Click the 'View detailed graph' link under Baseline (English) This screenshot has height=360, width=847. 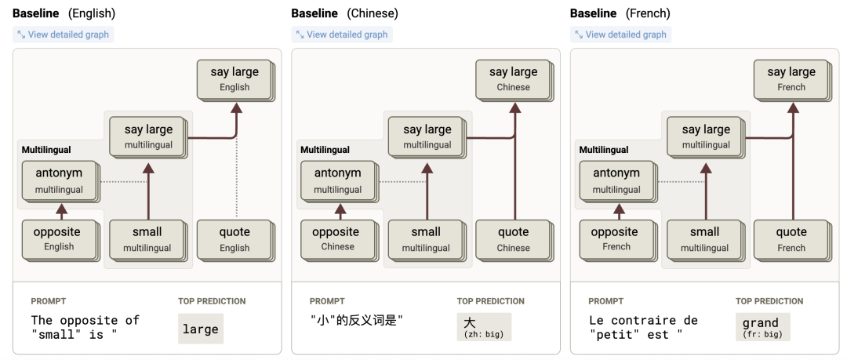(63, 35)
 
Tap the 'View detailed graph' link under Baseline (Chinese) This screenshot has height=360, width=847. (342, 35)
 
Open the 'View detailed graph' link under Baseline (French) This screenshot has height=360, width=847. (620, 35)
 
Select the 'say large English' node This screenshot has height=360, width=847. (234, 78)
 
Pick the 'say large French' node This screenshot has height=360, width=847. (791, 78)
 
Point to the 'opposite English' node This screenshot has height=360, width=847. (59, 238)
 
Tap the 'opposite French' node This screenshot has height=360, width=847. (616, 238)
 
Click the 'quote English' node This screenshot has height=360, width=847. (234, 238)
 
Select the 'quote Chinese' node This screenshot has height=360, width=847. (514, 238)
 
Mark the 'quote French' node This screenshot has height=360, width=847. (791, 238)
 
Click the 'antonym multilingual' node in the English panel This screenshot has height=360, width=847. (59, 180)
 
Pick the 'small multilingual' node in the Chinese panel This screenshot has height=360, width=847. (426, 238)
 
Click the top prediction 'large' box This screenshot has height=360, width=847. (201, 329)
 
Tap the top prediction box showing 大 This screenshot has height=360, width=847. (484, 327)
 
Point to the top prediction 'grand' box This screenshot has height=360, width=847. (762, 327)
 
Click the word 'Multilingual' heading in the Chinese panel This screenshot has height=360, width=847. (325, 150)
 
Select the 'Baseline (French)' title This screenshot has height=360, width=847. (620, 13)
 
